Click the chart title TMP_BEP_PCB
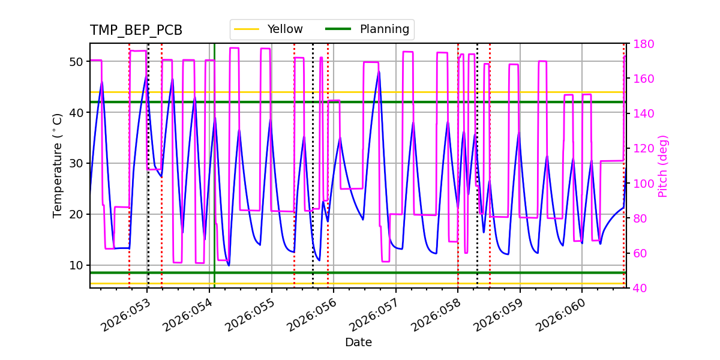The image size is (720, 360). (136, 31)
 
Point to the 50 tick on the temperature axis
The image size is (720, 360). (76, 62)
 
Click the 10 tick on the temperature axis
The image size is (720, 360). (76, 265)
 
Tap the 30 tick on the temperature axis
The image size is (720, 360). (76, 163)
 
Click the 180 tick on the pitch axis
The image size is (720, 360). (641, 44)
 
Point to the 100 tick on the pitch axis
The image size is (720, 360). (641, 184)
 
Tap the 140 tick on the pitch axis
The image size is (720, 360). (641, 113)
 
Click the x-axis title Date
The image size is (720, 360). (358, 343)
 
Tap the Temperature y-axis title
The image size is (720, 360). (58, 165)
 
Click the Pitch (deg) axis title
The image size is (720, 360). (663, 166)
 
